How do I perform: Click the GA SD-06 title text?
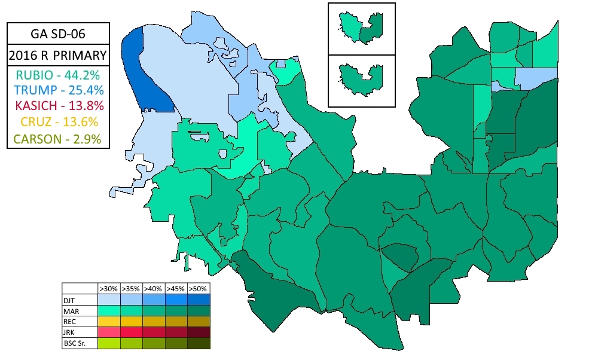pos(58,33)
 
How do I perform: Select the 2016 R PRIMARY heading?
pos(58,56)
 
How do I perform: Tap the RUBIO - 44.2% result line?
pos(58,75)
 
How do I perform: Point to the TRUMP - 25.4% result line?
pos(58,90)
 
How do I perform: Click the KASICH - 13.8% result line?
pos(58,106)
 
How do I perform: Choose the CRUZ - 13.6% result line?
pos(58,123)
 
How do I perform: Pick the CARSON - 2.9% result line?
pos(58,139)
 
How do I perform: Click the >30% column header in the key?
pos(108,287)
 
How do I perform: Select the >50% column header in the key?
pos(199,287)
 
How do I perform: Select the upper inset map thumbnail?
pos(361,29)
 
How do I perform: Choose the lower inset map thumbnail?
pos(361,81)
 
